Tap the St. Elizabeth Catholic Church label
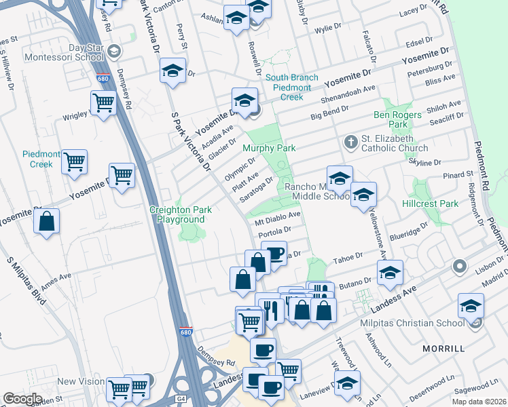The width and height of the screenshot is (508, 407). (x=395, y=142)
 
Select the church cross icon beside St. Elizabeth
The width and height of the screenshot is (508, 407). (x=350, y=141)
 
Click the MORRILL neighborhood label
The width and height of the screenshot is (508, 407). (x=444, y=348)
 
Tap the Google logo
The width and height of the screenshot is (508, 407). (x=22, y=399)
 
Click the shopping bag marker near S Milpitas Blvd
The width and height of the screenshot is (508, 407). (x=46, y=222)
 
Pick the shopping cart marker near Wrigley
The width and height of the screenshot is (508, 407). (x=103, y=104)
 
